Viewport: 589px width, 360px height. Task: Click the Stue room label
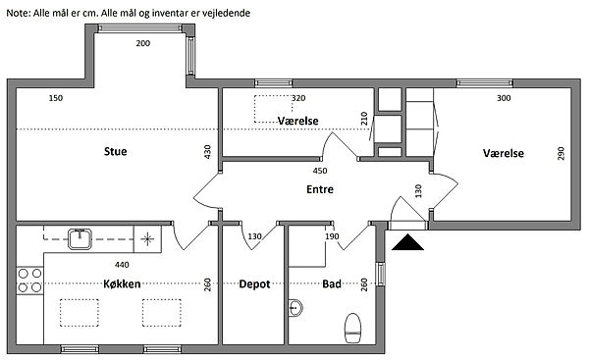[x=115, y=152]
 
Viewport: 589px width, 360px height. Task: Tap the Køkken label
[x=122, y=283]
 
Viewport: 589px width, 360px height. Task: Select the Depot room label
[x=254, y=284]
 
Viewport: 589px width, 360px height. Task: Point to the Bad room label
[x=332, y=283]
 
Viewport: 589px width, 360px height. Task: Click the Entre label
[x=320, y=189]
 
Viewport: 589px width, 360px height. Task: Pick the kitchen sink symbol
[x=80, y=239]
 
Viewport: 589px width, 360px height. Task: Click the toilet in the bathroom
[x=352, y=328]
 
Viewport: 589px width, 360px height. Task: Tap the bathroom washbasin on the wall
[x=295, y=308]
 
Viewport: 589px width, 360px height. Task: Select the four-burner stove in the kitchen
[x=29, y=281]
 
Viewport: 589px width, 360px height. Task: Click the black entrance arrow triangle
[x=407, y=242]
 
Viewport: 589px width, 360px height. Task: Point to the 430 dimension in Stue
[x=207, y=152]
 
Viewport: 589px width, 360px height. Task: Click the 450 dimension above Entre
[x=320, y=171]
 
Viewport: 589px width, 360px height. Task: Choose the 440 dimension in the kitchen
[x=122, y=265]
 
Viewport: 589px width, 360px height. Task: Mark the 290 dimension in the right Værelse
[x=561, y=154]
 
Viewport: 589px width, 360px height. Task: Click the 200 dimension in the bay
[x=143, y=43]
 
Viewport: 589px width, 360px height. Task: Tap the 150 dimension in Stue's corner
[x=56, y=98]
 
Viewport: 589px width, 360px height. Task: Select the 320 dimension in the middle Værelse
[x=298, y=98]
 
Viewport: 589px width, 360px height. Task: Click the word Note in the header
[x=19, y=13]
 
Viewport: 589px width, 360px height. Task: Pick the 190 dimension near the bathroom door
[x=332, y=236]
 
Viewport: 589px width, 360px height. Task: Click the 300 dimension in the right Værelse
[x=504, y=98]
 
